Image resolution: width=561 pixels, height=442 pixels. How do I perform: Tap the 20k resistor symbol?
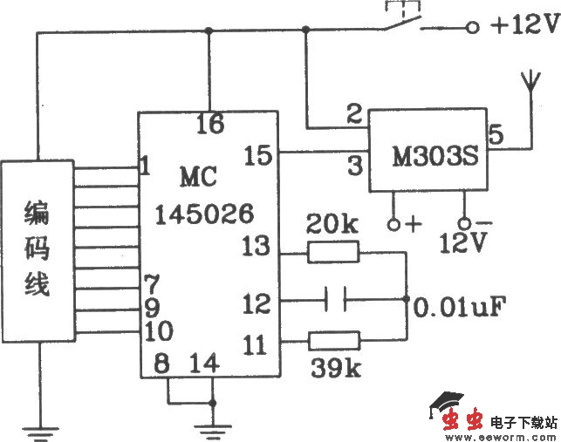tap(332, 253)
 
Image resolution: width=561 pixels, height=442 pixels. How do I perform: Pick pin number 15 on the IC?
tap(258, 155)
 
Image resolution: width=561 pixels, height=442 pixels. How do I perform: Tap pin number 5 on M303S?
tap(496, 135)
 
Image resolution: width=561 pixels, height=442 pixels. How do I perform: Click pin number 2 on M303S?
tap(353, 114)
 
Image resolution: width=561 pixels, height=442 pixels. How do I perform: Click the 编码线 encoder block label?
tap(38, 247)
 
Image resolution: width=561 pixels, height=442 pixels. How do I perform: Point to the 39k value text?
tap(332, 368)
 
